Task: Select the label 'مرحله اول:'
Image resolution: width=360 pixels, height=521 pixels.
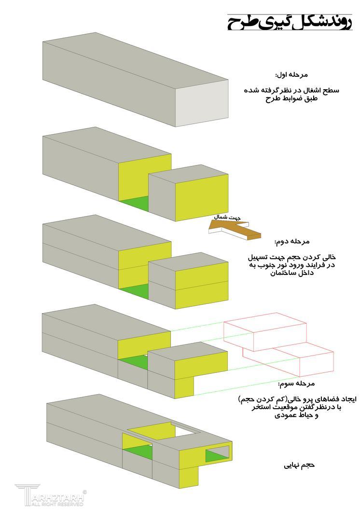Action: pos(291,75)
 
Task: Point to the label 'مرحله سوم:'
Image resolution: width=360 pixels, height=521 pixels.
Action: pos(296,384)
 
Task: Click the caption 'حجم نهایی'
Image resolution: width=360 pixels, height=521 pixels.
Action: pos(299,466)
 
